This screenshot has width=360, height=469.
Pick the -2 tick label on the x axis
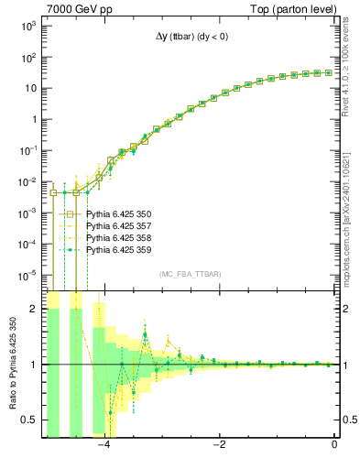(x=220, y=445)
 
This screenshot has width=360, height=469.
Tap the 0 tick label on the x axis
(x=334, y=445)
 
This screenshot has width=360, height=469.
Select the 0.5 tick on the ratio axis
(x=32, y=420)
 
